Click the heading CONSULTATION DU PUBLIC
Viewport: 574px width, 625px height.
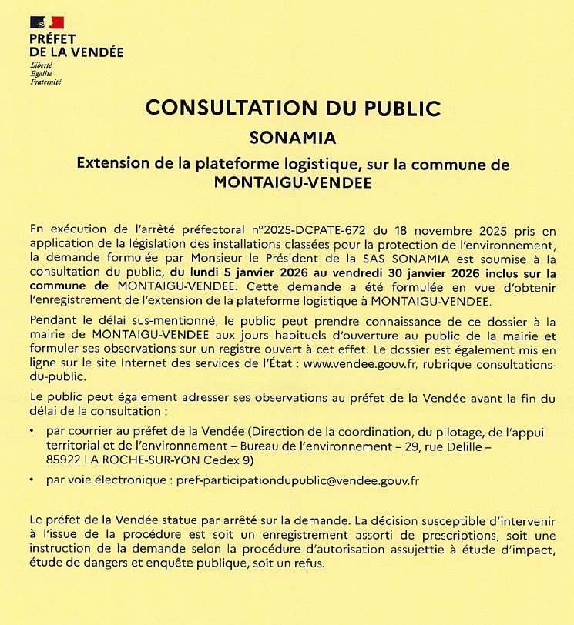pos(292,107)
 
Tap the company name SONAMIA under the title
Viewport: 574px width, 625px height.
pos(293,139)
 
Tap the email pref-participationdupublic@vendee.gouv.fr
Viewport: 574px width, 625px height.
pos(297,480)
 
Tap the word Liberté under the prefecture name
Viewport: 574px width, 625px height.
pos(41,66)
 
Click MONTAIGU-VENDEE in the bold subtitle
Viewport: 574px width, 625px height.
pos(292,183)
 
